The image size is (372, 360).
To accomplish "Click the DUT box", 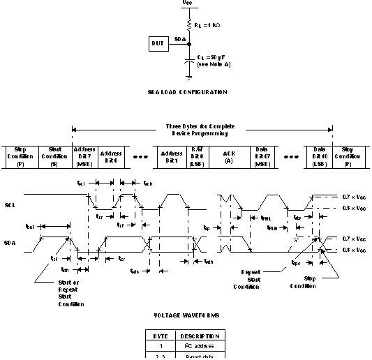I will (158, 45).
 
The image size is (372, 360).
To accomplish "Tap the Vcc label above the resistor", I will (187, 3).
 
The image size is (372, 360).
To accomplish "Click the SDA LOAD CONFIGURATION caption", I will (188, 92).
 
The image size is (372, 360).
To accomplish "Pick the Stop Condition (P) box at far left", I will (20, 157).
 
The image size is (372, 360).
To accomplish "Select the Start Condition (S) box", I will (54, 157).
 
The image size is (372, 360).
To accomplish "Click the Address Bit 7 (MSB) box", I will (84, 157).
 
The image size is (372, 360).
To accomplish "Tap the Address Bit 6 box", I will (112, 157).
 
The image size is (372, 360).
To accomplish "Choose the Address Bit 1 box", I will (172, 157).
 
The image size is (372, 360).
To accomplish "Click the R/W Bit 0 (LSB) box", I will (197, 157).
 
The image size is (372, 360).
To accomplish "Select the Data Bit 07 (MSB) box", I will (262, 157).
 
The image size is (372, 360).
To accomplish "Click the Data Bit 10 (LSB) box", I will (319, 157).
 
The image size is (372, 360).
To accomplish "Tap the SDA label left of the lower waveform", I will (9, 244).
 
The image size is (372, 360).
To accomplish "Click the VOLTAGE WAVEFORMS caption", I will (187, 316).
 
